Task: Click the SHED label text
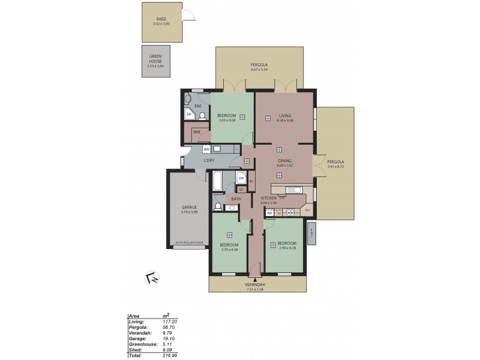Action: pos(161,19)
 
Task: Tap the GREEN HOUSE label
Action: pos(155,58)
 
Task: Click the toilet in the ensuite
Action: pos(203,116)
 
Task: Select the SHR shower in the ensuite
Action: pos(189,114)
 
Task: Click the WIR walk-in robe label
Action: pos(196,133)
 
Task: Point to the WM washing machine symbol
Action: pos(206,149)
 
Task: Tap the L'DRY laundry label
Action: pos(209,160)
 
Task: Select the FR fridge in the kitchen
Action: pos(270,212)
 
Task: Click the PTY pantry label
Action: pos(307,211)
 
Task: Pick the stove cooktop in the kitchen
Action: pos(292,212)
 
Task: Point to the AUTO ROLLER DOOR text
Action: pos(189,243)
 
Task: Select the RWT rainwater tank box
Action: pos(311,232)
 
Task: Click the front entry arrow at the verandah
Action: pos(256,280)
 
